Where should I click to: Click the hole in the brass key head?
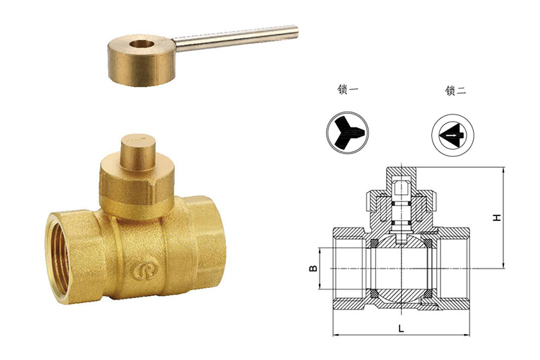pyautogui.click(x=140, y=45)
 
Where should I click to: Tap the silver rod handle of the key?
pyautogui.click(x=235, y=38)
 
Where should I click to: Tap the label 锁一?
pyautogui.click(x=348, y=90)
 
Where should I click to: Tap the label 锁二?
pyautogui.click(x=455, y=91)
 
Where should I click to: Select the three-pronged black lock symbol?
pyautogui.click(x=348, y=132)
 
